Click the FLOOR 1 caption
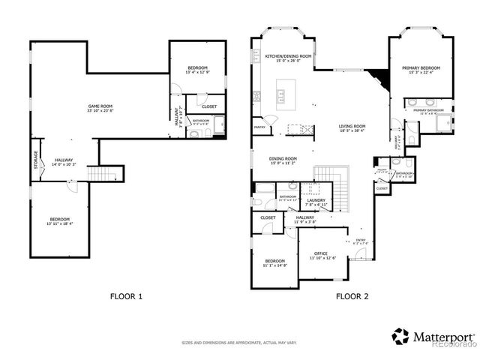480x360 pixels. pos(126,296)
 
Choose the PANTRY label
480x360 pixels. pos(259,127)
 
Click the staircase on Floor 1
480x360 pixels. pos(100,175)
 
